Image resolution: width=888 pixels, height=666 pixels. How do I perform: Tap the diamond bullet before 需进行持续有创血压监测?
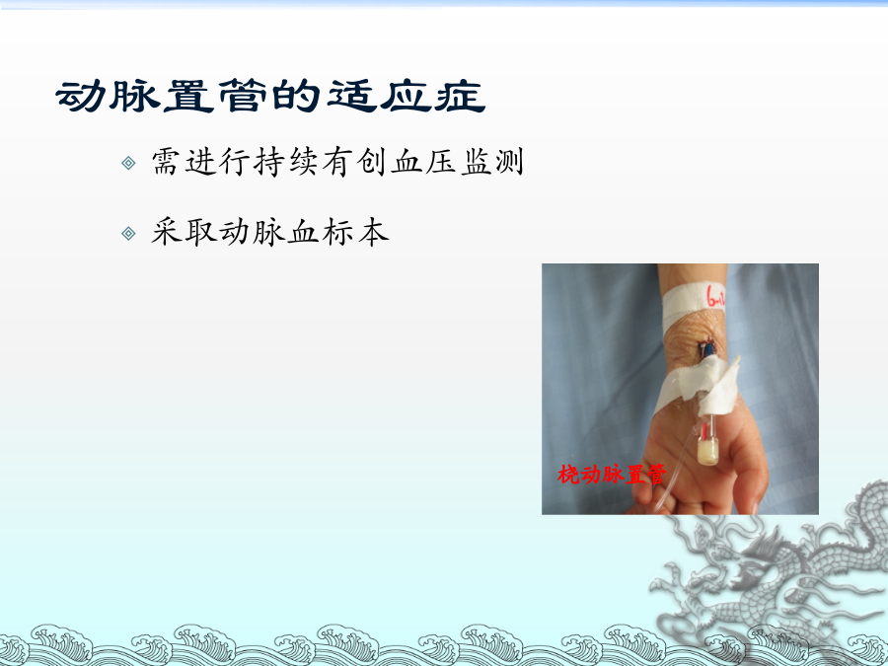pos(128,163)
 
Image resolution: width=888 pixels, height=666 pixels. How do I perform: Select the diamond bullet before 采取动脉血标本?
pos(128,233)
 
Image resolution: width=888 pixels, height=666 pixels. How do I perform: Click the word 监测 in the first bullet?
pos(492,162)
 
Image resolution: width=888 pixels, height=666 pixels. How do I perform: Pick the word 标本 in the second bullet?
pos(355,232)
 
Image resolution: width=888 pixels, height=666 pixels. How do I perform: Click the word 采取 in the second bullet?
pos(185,232)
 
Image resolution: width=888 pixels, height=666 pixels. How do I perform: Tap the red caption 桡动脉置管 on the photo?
pos(612,475)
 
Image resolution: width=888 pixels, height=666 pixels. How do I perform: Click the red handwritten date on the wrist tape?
pos(714,296)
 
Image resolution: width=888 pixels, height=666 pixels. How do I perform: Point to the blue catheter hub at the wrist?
pos(707,349)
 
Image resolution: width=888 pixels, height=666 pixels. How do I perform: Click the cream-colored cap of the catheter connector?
pos(707,452)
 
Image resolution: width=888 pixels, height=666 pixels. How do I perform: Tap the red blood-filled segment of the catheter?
pos(703,431)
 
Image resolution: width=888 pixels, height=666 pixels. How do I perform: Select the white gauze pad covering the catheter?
pos(717,385)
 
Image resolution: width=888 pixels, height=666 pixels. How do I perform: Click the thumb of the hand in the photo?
pos(748,465)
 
